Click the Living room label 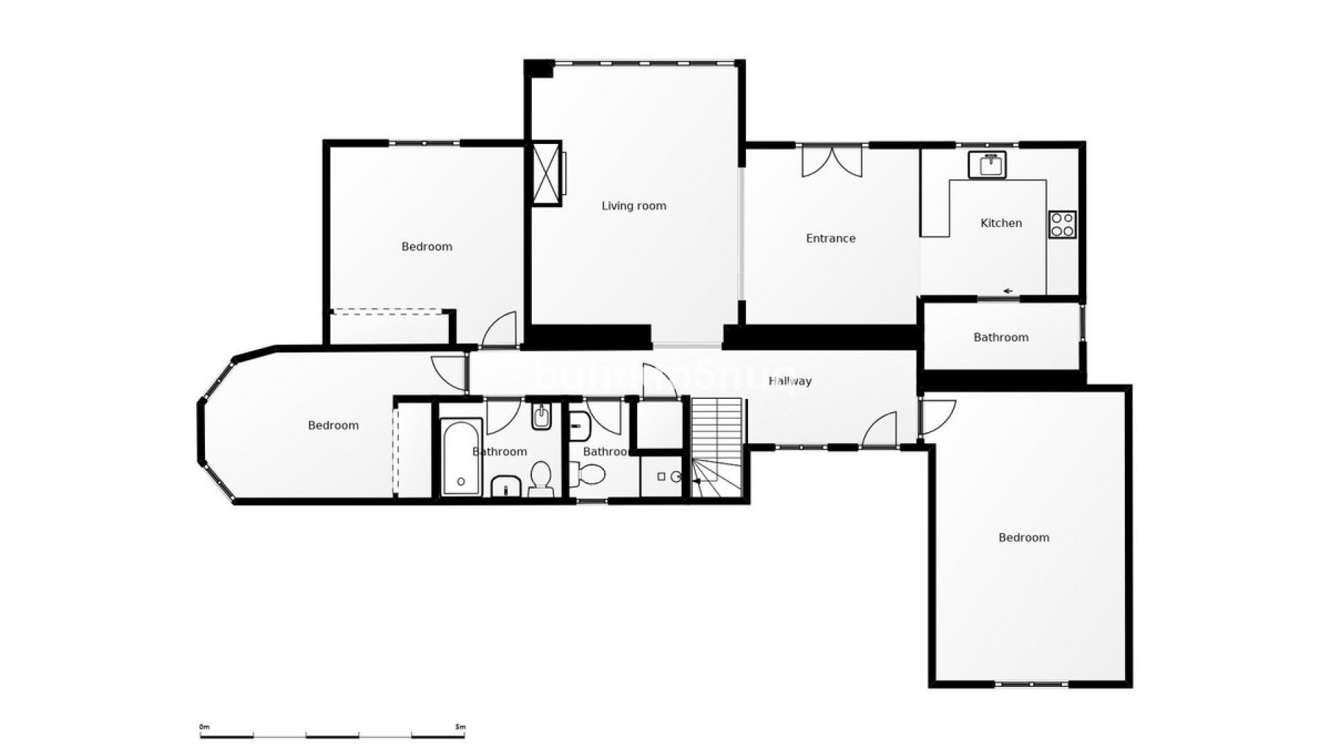634,206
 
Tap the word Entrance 831,238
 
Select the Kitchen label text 1001,223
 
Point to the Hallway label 790,381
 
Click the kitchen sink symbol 987,166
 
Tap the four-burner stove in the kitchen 1062,224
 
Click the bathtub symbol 461,456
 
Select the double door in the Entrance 832,161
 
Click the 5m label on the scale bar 461,727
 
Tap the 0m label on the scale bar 204,727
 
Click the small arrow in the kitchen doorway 1009,291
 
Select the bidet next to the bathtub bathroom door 541,417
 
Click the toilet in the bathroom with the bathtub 540,479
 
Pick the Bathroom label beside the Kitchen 1001,337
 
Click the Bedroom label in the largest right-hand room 1024,537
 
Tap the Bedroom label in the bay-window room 333,425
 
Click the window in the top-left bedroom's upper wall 424,143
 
